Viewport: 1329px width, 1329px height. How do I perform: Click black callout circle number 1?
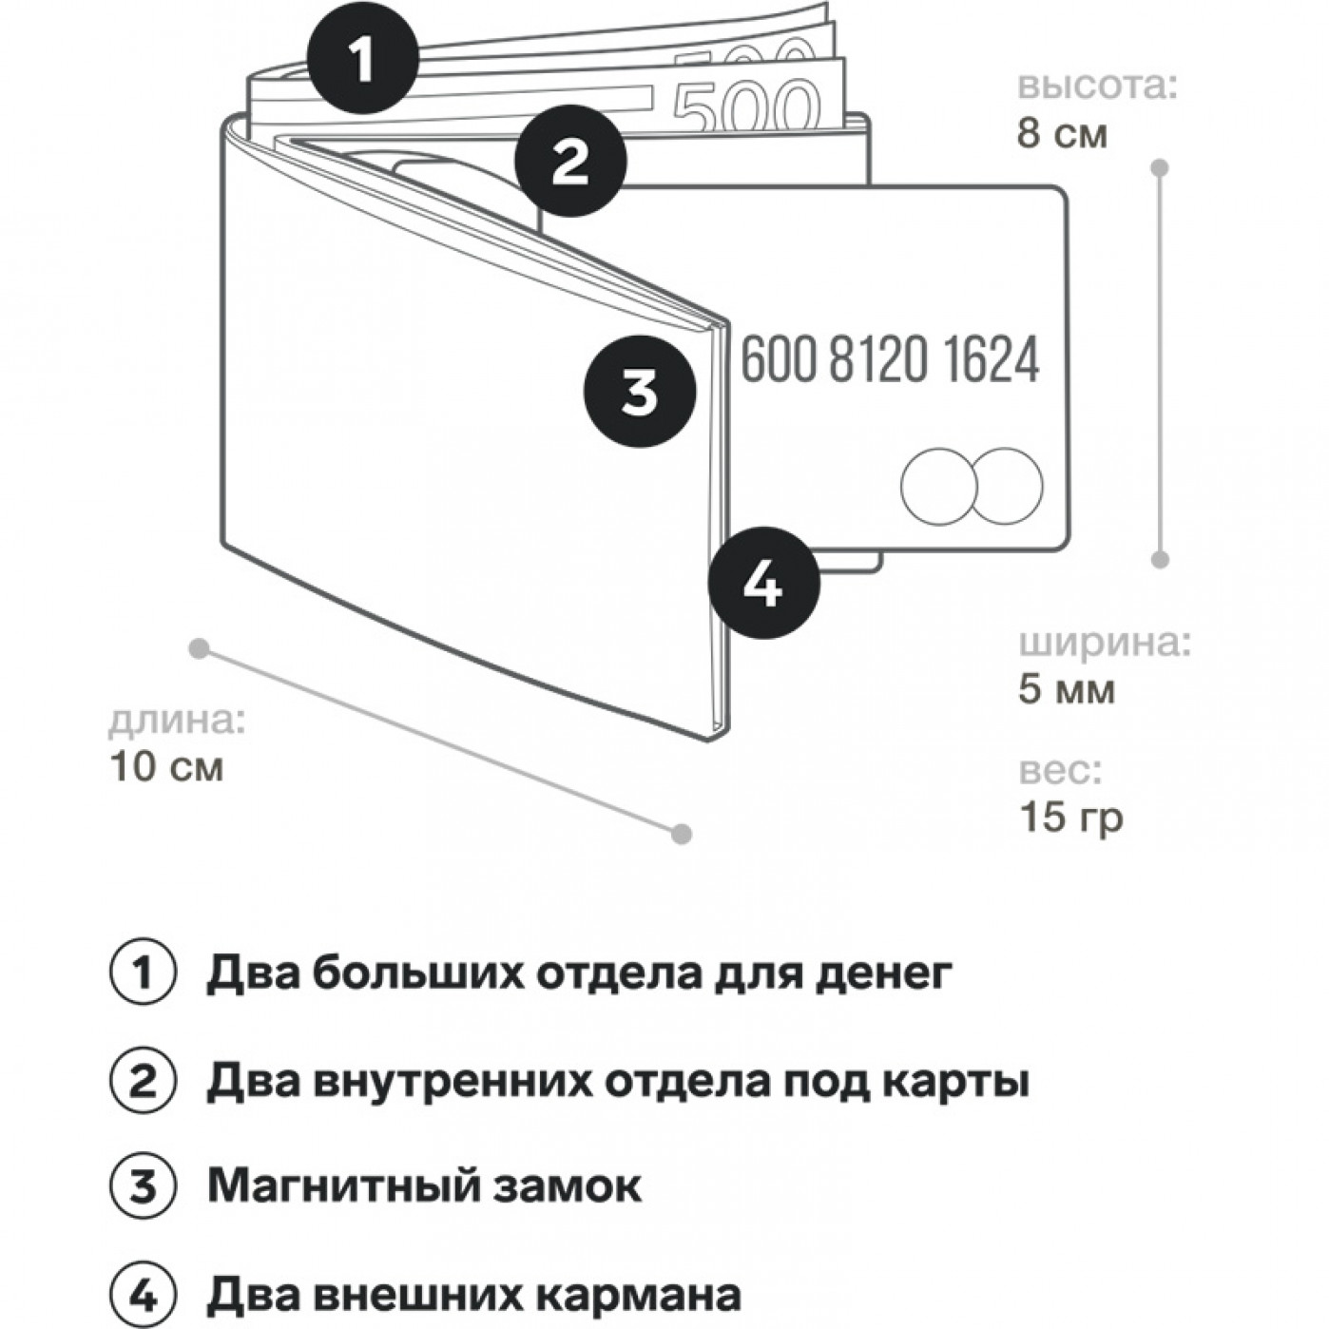pyautogui.click(x=362, y=63)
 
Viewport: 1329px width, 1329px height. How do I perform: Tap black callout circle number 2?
pyautogui.click(x=570, y=163)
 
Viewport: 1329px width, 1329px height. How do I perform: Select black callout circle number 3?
pyautogui.click(x=639, y=391)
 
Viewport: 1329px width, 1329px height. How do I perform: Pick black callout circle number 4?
pyautogui.click(x=762, y=584)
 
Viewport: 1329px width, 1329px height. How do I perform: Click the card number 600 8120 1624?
pyautogui.click(x=890, y=360)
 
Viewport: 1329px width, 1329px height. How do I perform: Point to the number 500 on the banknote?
pyautogui.click(x=746, y=103)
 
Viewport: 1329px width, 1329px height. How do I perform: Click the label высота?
pyautogui.click(x=1097, y=86)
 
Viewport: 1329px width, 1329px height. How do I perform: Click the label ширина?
pyautogui.click(x=1105, y=644)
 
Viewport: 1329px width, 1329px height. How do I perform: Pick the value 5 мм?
pyautogui.click(x=1066, y=689)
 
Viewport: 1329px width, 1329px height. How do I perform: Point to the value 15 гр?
pyautogui.click(x=1070, y=816)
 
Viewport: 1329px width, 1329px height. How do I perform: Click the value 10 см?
pyautogui.click(x=167, y=766)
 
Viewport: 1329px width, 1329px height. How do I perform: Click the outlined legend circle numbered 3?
pyautogui.click(x=143, y=1186)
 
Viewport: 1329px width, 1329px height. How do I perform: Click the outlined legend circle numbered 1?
pyautogui.click(x=143, y=973)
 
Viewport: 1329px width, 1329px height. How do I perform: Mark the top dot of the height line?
pyautogui.click(x=1159, y=168)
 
